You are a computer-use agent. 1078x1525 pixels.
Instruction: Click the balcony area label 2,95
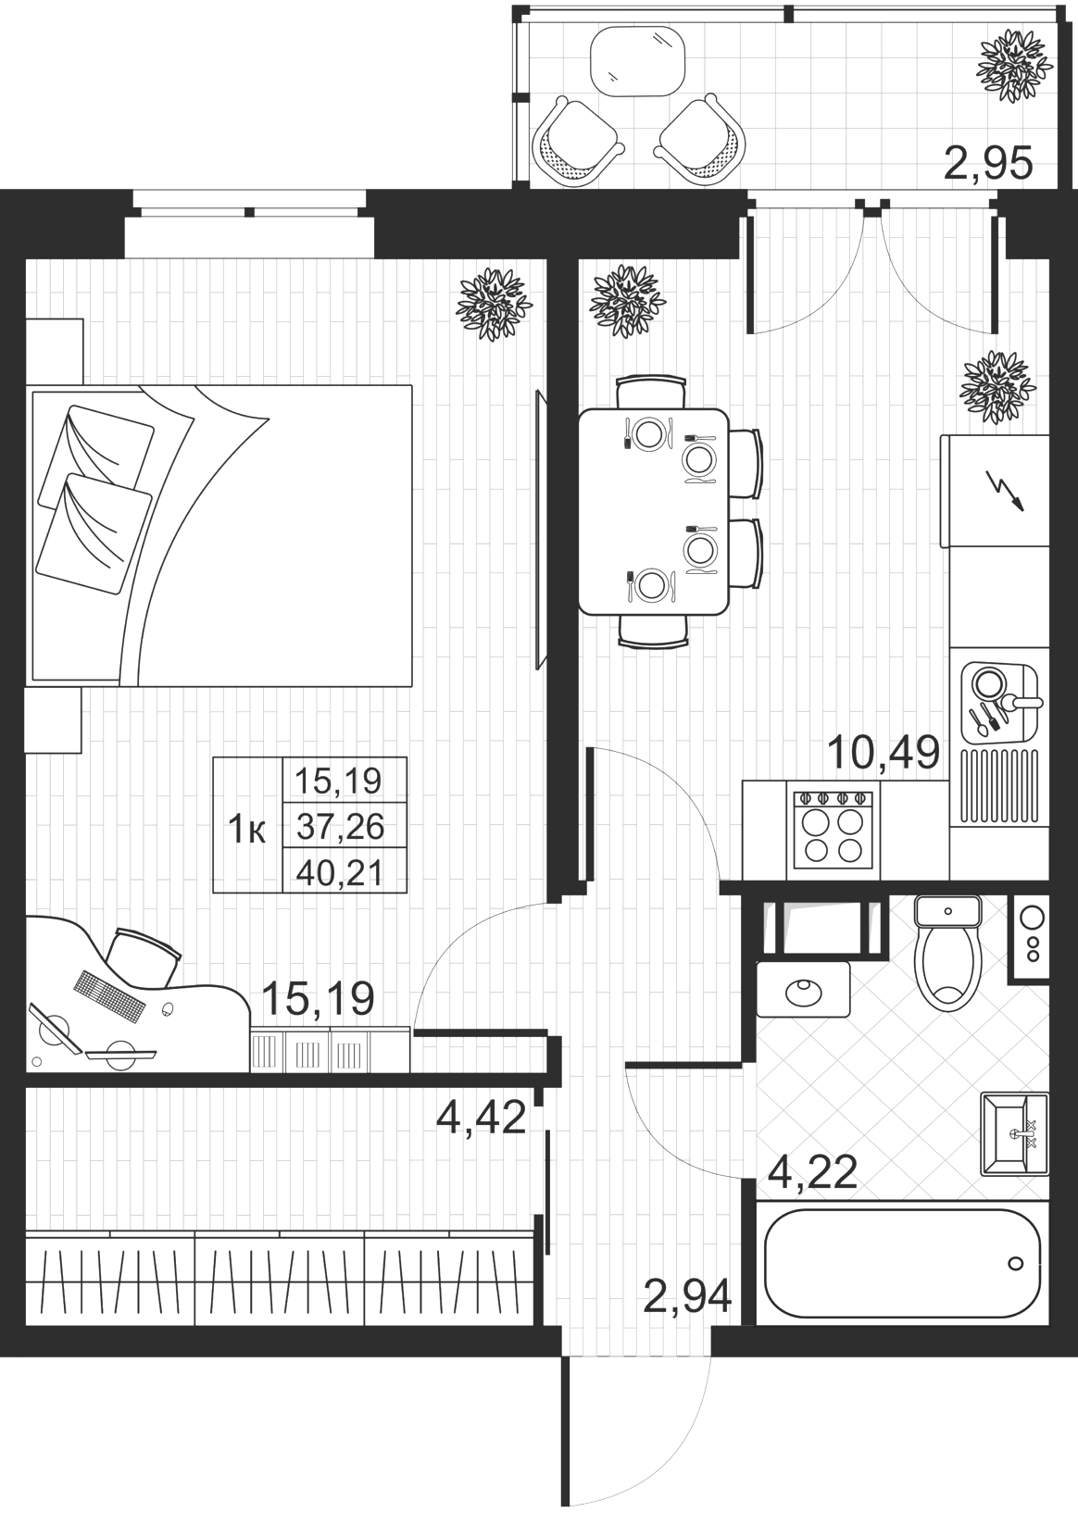tap(989, 163)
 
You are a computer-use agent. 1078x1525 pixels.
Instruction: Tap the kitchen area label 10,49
tap(884, 752)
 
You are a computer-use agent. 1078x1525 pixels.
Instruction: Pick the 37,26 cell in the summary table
tap(345, 827)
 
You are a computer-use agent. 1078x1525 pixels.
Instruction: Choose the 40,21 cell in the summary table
tap(345, 870)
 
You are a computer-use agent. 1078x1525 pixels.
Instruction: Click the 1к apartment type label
tap(247, 831)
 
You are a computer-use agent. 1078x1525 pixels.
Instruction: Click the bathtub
tap(902, 1263)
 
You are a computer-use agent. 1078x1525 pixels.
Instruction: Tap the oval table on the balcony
tap(637, 59)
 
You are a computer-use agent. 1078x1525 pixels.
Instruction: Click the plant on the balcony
tap(1015, 67)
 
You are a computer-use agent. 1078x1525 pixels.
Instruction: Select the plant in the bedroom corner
tap(495, 304)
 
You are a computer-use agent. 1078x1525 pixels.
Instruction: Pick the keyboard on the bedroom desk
tap(109, 993)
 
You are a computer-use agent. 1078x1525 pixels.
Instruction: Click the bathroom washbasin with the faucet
tap(1015, 1132)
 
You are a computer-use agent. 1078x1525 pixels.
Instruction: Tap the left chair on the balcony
tap(579, 141)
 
